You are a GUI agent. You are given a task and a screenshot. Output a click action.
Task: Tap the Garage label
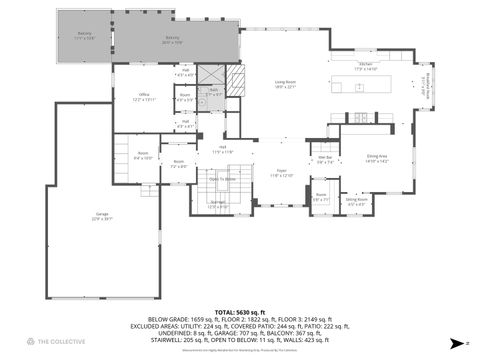point(102,215)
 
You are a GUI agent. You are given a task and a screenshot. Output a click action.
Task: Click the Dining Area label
point(376,157)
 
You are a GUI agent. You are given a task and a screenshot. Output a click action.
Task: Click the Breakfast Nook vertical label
point(424,87)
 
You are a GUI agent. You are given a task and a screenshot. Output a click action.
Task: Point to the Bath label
point(213,92)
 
